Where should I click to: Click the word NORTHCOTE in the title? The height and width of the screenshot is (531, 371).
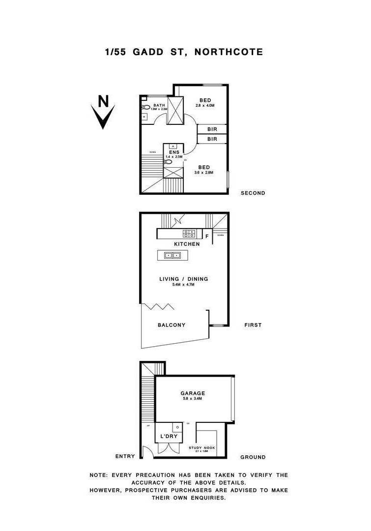tap(229, 52)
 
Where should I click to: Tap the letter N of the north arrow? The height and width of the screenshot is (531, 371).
tap(103, 101)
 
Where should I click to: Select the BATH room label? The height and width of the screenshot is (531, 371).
tap(159, 106)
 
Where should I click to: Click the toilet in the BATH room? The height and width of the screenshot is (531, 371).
tap(145, 107)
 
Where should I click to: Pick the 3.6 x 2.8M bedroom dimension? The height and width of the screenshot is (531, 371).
tap(204, 173)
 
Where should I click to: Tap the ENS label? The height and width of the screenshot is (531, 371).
tap(174, 152)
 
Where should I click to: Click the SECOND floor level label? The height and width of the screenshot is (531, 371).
tap(253, 193)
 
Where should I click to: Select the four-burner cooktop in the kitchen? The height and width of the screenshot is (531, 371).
tap(189, 234)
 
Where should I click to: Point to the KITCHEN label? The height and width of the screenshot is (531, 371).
tap(187, 244)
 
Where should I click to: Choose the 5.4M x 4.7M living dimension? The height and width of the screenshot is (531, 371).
tap(183, 285)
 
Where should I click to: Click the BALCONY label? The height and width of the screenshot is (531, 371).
tap(171, 325)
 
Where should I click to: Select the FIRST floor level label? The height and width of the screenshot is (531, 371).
tap(253, 325)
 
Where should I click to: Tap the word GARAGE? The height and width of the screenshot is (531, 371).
tap(193, 393)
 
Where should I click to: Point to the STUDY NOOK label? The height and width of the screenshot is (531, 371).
tap(202, 447)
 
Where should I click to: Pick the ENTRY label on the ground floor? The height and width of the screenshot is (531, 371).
tap(125, 456)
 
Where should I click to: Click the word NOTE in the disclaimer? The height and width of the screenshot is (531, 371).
tap(99, 475)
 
